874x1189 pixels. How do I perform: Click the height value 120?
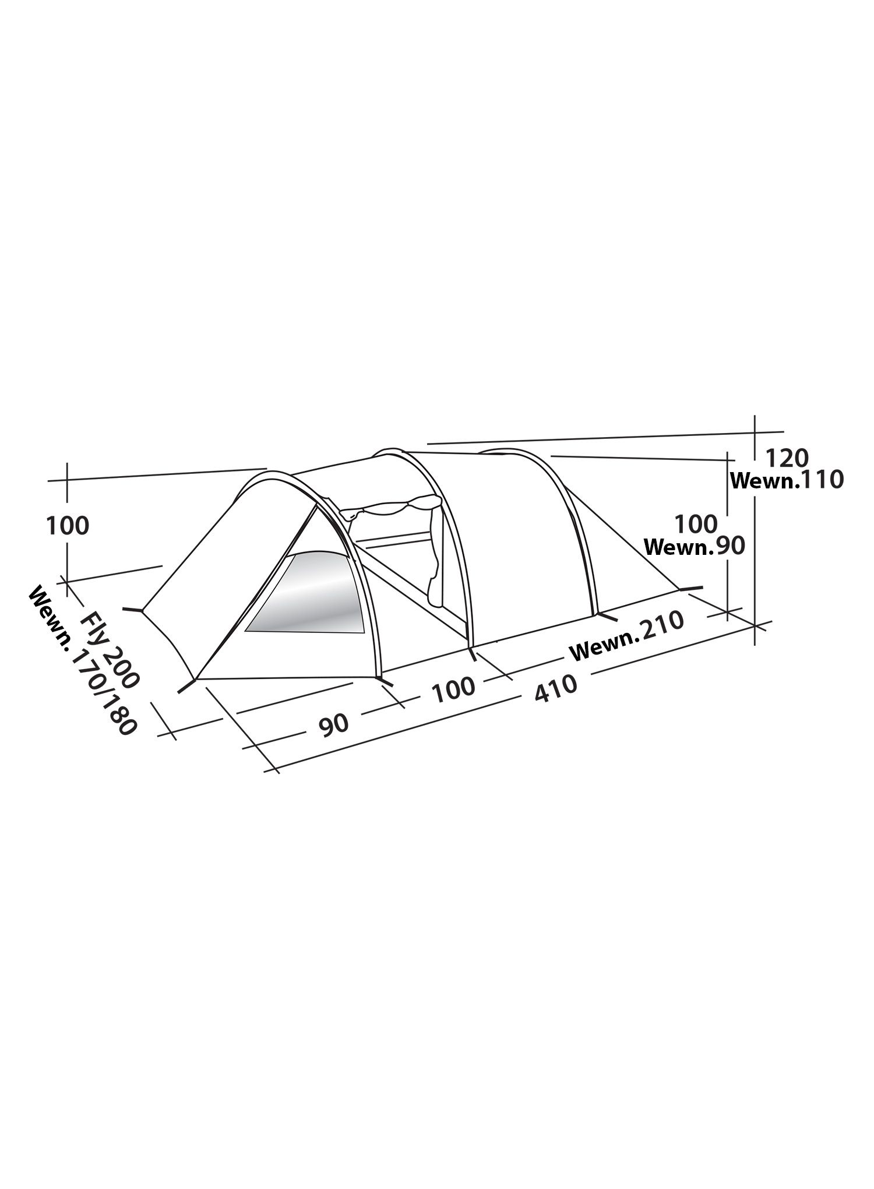tap(786, 459)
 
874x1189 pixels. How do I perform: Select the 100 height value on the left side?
tap(68, 526)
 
